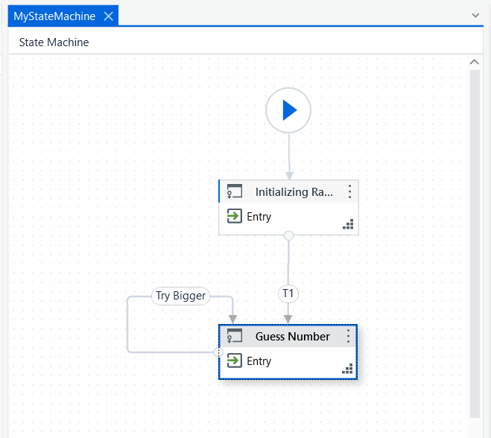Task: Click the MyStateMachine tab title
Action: (54, 16)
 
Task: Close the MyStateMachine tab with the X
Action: (108, 16)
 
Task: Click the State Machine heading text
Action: (54, 42)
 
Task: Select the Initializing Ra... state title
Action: (294, 192)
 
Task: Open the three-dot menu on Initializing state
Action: (349, 191)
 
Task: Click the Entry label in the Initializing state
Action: (259, 217)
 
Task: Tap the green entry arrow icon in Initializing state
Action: (234, 216)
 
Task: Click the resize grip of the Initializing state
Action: (348, 224)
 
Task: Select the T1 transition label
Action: (288, 293)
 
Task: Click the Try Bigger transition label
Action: (181, 296)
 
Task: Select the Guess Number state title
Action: (293, 337)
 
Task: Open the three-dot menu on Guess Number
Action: (348, 336)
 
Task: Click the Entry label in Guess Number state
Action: (259, 361)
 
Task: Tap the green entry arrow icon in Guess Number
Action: (234, 361)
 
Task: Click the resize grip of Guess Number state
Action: (347, 369)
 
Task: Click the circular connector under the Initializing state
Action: (288, 235)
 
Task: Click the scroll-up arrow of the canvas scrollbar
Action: (475, 62)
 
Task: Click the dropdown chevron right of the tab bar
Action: (475, 16)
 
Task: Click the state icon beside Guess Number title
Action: (235, 336)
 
